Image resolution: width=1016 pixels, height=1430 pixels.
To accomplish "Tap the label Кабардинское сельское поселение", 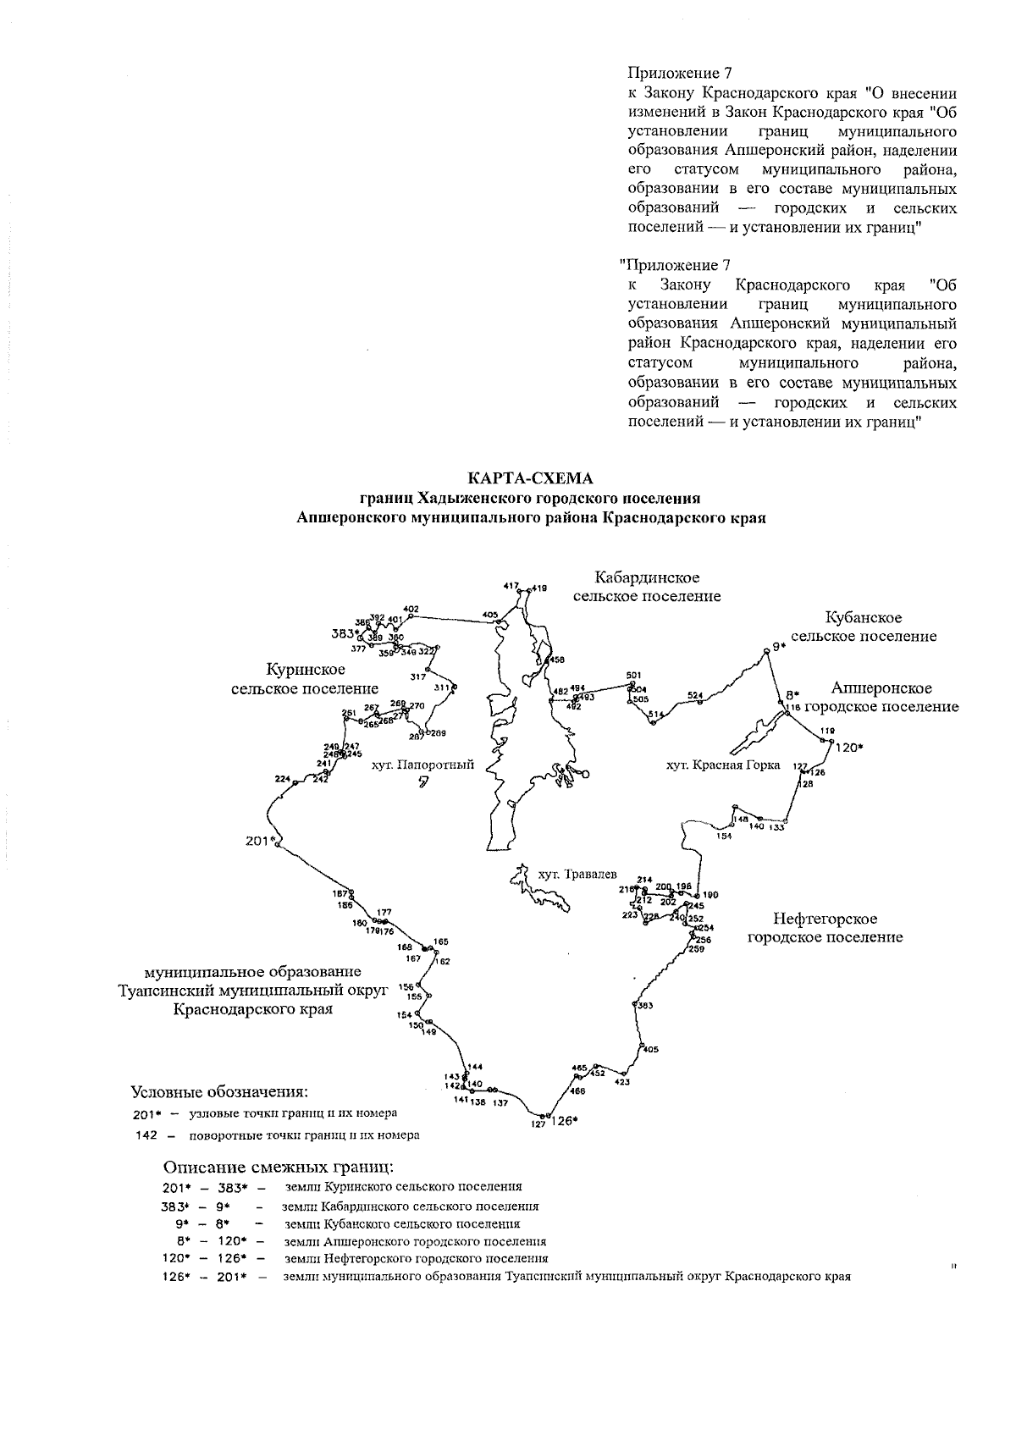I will (647, 587).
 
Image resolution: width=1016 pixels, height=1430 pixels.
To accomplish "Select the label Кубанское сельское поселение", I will (864, 627).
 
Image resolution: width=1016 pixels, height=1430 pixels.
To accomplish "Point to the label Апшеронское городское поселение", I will (881, 698).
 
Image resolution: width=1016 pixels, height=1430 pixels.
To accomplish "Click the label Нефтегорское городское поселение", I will (825, 928).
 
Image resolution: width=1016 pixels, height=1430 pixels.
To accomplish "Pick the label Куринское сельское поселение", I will (305, 679).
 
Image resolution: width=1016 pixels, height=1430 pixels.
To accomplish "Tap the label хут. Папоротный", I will (423, 765).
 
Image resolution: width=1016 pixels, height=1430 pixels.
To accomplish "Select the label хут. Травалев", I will (577, 873).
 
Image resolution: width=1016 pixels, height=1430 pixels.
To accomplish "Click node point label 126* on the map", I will (564, 1122).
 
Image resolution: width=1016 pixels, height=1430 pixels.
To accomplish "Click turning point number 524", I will (695, 695).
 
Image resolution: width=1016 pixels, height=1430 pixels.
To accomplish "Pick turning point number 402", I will (411, 609).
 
